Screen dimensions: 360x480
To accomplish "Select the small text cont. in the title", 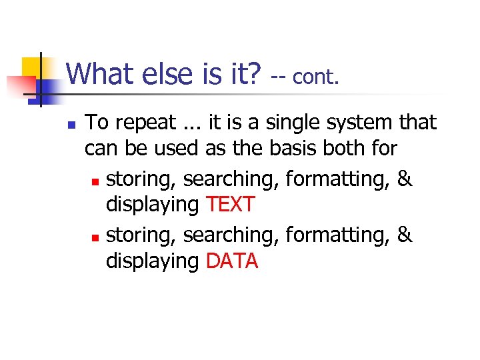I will click(x=316, y=77).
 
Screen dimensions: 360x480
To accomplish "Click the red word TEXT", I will click(x=231, y=204).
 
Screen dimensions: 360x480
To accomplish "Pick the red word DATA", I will click(x=232, y=261).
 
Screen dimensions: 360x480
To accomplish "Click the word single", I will click(x=300, y=123).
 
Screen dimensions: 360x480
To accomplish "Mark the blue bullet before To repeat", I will click(x=71, y=125).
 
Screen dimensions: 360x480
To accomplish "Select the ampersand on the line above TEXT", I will click(x=405, y=179).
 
